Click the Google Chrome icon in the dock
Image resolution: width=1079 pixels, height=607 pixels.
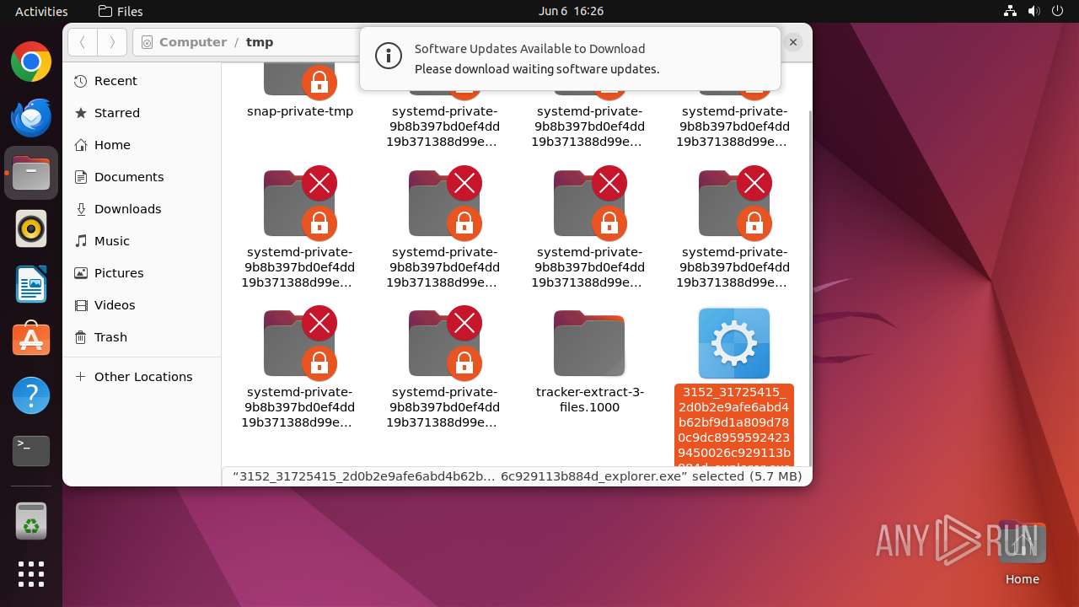pos(31,62)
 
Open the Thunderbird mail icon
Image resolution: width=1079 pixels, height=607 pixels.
pos(31,117)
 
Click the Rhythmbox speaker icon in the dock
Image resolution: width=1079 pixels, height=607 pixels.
pos(31,228)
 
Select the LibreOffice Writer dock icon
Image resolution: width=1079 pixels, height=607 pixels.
pos(31,284)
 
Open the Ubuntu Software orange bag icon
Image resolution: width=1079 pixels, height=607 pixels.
pos(31,340)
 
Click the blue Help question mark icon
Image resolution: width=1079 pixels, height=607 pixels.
pos(31,395)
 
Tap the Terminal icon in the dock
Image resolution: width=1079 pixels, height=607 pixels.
pos(31,451)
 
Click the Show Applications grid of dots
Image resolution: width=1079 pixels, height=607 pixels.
pos(31,574)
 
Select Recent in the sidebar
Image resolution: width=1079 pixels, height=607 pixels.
pos(115,81)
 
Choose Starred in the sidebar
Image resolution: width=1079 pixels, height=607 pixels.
pos(116,113)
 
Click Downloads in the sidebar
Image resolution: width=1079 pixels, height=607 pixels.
pos(127,209)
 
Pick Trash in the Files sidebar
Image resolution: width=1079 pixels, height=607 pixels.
pos(110,337)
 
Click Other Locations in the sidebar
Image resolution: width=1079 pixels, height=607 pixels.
pos(142,377)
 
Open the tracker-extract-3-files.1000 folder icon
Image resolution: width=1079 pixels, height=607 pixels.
pos(589,343)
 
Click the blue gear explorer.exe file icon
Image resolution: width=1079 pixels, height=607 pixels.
pos(734,343)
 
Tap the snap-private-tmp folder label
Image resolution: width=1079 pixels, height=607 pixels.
pos(300,111)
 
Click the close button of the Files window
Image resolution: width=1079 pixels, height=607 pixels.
pos(793,41)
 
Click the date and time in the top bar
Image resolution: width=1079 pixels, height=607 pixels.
pos(571,11)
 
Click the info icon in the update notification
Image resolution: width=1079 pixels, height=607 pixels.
pos(388,56)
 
